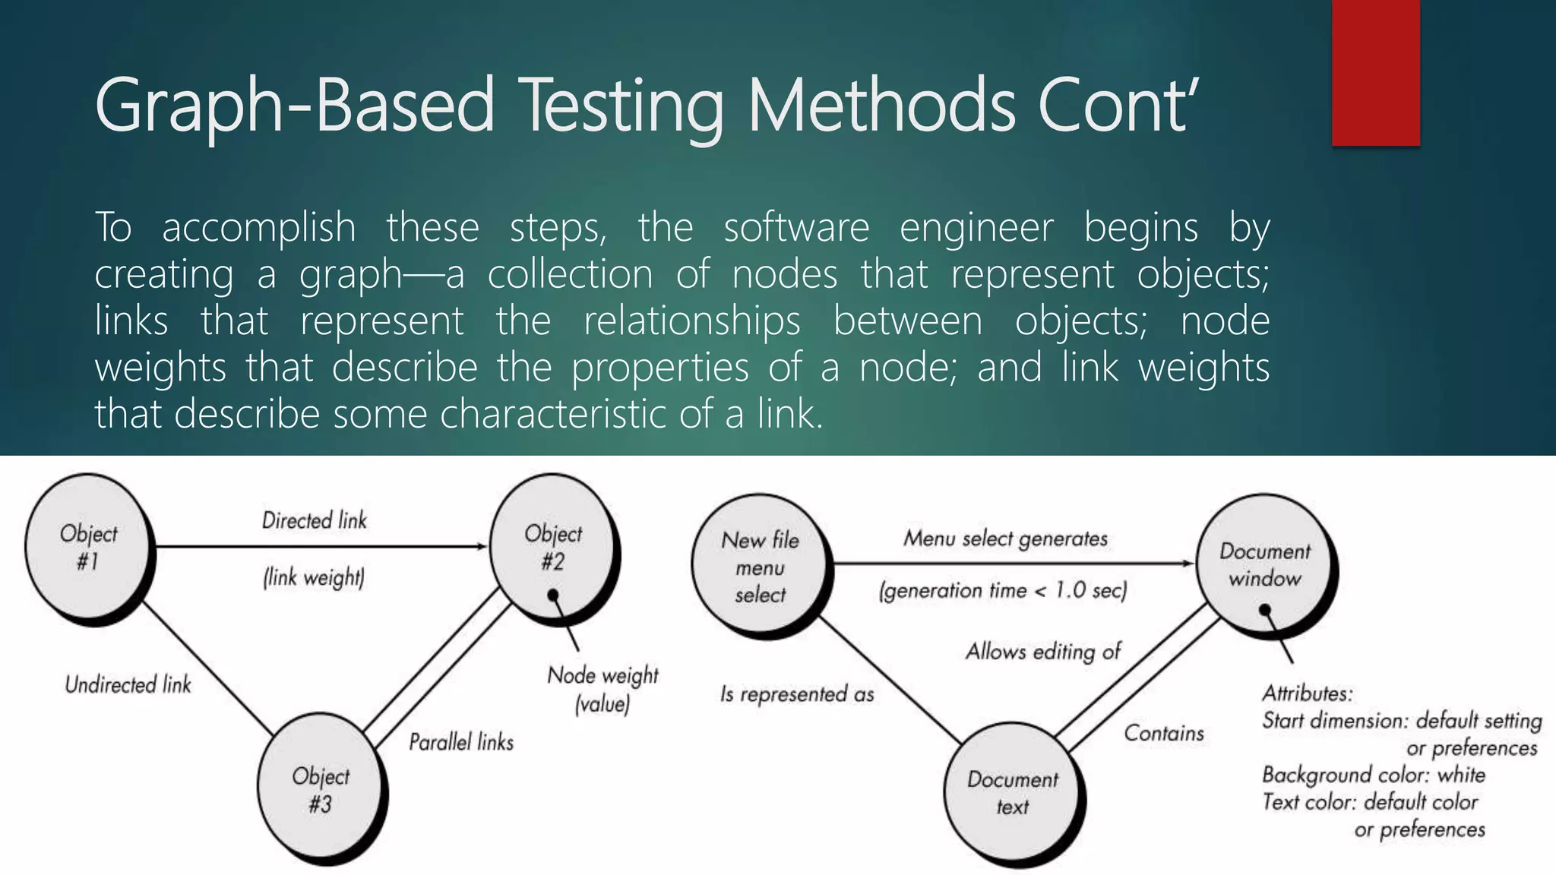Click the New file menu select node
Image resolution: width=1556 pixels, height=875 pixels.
click(x=759, y=567)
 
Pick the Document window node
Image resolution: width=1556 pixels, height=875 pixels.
click(x=1264, y=564)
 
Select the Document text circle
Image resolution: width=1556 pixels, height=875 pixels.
click(x=1011, y=792)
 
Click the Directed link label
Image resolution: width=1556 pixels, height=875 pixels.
click(x=314, y=520)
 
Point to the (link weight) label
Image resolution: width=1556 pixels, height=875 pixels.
click(x=314, y=578)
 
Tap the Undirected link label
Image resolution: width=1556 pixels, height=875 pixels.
click(x=128, y=685)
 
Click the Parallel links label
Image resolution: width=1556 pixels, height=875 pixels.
click(x=461, y=742)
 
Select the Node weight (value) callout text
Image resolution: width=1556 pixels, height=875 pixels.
click(x=602, y=689)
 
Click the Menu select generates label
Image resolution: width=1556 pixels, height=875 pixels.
click(x=1005, y=539)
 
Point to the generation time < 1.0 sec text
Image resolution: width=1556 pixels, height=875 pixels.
click(x=1002, y=590)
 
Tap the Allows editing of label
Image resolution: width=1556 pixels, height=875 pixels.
click(x=1042, y=651)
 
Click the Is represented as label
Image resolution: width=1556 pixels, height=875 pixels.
click(x=797, y=693)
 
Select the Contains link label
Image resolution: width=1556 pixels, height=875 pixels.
click(x=1164, y=733)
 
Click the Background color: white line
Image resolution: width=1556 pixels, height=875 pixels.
click(x=1373, y=775)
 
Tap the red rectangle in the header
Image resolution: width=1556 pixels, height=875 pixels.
click(x=1375, y=73)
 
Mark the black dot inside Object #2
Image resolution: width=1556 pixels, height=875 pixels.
click(x=553, y=595)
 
